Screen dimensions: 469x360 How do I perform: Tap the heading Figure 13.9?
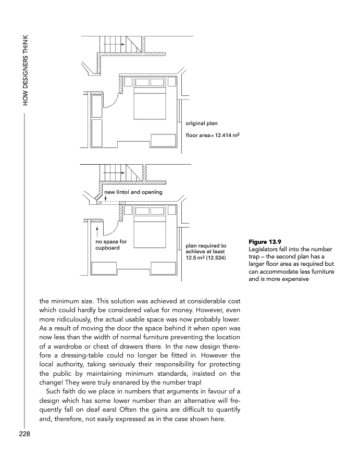[x=265, y=242]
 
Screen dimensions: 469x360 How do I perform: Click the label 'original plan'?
[x=202, y=124]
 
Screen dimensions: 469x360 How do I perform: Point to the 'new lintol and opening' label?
[x=133, y=192]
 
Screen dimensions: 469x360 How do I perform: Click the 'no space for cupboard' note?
[x=111, y=244]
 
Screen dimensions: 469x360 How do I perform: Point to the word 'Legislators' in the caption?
[x=265, y=249]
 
